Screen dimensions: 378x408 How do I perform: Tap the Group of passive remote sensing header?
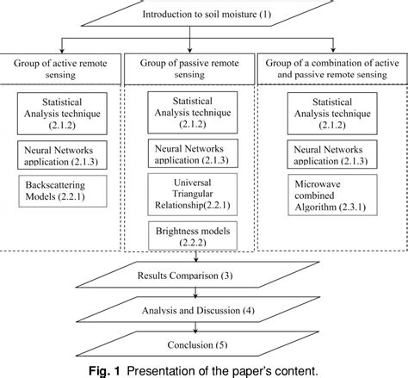pyautogui.click(x=192, y=69)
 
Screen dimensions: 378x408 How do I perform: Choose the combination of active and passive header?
pyautogui.click(x=331, y=69)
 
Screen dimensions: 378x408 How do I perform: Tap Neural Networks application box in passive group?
pyautogui.click(x=191, y=154)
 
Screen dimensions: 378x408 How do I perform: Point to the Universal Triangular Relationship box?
pyautogui.click(x=191, y=195)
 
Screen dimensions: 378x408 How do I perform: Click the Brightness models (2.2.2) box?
pyautogui.click(x=191, y=237)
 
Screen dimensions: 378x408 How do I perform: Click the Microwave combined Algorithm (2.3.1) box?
pyautogui.click(x=331, y=195)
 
